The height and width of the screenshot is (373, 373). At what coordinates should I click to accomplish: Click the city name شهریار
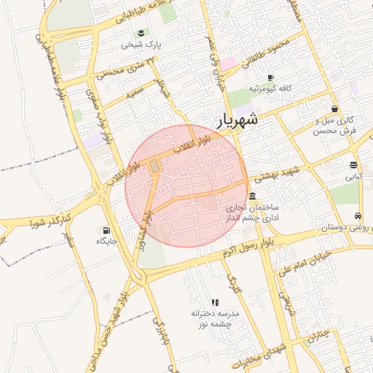pyautogui.click(x=237, y=119)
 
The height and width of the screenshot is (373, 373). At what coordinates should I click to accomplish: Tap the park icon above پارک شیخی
pyautogui.click(x=141, y=32)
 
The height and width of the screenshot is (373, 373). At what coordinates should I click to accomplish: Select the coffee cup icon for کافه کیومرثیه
pyautogui.click(x=270, y=77)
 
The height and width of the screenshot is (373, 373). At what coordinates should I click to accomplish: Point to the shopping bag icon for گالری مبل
pyautogui.click(x=334, y=109)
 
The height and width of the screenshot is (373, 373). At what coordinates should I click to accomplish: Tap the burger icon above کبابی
pyautogui.click(x=353, y=165)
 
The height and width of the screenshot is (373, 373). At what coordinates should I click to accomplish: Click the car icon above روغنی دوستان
pyautogui.click(x=358, y=216)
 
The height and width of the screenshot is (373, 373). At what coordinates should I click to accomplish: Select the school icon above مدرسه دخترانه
pyautogui.click(x=215, y=302)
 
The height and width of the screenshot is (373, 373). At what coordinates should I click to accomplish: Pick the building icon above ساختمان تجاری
pyautogui.click(x=252, y=197)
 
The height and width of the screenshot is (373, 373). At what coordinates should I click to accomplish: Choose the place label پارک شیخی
pyautogui.click(x=141, y=44)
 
